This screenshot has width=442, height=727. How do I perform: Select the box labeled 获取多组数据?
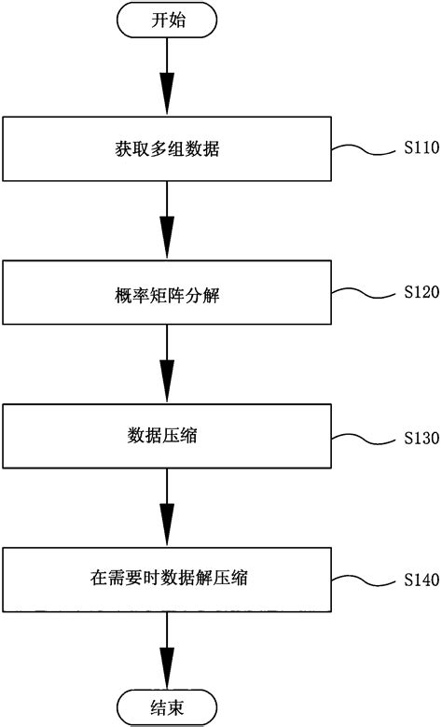click(x=167, y=148)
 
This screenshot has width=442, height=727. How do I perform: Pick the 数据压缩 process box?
click(x=167, y=437)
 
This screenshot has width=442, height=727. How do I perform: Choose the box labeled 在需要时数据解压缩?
click(x=167, y=580)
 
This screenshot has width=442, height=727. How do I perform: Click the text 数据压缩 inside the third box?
click(x=167, y=437)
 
